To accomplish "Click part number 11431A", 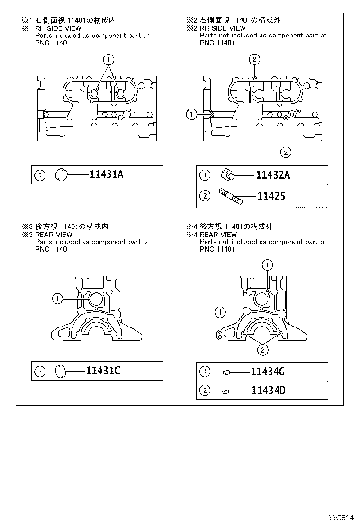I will (106, 174).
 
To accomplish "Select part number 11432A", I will (273, 175).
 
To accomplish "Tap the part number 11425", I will (271, 195).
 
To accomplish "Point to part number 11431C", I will (103, 371).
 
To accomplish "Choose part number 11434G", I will (268, 372).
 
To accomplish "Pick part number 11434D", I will (268, 391).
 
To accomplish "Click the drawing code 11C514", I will (342, 517).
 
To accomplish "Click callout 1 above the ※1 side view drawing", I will (108, 59).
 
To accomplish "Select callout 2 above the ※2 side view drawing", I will (254, 59).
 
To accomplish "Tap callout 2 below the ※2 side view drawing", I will (286, 152).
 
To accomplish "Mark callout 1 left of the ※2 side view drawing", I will (191, 114).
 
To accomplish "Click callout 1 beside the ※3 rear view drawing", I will (57, 298).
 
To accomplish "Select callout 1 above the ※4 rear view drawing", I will (268, 264).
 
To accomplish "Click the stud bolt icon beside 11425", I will (231, 195).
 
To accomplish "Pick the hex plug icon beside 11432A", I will (228, 175).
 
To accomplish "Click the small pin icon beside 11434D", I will (226, 391).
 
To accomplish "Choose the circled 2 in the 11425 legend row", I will (205, 195).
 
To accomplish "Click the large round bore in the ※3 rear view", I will (98, 300).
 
